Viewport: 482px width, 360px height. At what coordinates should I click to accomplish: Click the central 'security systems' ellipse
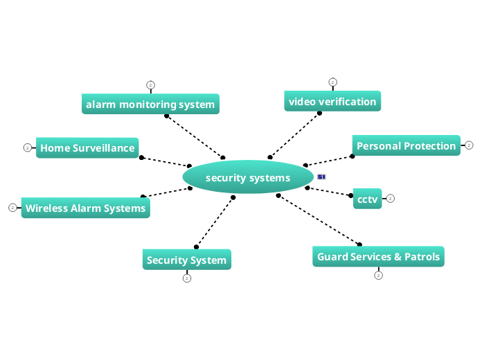pos(248,177)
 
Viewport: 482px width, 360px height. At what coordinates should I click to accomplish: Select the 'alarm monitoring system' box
pos(150,105)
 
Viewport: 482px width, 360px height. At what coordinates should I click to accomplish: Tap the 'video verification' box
pos(332,101)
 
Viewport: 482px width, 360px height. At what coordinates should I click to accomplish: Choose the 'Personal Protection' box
pos(406,145)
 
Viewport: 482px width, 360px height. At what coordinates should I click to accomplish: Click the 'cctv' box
pos(367,199)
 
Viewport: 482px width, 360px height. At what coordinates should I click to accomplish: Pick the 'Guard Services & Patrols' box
pos(378,257)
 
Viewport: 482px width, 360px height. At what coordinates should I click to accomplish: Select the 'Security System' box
pos(186,260)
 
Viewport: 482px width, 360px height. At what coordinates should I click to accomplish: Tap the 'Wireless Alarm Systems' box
pos(86,208)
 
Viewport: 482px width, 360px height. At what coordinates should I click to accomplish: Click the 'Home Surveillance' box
pos(87,147)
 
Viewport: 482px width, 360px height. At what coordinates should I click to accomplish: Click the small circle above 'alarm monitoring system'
pos(150,85)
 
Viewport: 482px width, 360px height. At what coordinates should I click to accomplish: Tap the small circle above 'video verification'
pos(332,82)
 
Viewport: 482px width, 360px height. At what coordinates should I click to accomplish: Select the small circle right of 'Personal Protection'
pos(469,145)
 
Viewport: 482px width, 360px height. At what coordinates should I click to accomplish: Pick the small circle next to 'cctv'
pos(391,199)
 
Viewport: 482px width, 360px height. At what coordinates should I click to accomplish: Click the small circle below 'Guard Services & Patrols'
pos(378,276)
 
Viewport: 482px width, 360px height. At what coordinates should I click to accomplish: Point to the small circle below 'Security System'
pos(186,278)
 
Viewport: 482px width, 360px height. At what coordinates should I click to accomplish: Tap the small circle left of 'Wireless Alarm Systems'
pos(12,208)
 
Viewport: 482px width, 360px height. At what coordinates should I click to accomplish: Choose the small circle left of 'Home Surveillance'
pos(27,147)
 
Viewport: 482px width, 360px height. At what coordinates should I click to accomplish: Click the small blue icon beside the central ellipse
pos(321,177)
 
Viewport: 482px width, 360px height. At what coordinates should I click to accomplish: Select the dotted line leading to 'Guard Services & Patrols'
pos(319,219)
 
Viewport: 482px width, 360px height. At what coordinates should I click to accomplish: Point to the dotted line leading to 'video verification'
pos(295,135)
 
